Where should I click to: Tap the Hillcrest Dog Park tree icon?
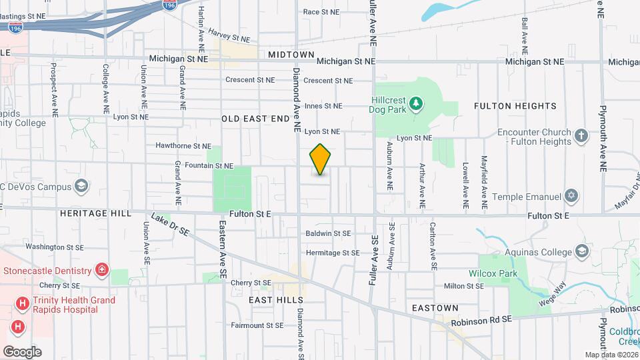point(416,103)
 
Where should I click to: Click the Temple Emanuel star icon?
point(570,197)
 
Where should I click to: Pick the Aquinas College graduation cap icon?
point(582,251)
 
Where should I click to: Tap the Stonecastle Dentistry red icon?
point(102,271)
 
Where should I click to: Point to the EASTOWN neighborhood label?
point(435,308)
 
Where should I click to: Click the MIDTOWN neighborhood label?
point(291,54)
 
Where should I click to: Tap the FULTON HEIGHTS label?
point(515,106)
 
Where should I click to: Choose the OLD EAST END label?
point(256,119)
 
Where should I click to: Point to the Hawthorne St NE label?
point(183,145)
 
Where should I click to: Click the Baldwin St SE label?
point(328,233)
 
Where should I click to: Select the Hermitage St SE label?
point(333,253)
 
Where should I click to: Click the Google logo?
point(22,352)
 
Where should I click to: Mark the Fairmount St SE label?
point(257,326)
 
